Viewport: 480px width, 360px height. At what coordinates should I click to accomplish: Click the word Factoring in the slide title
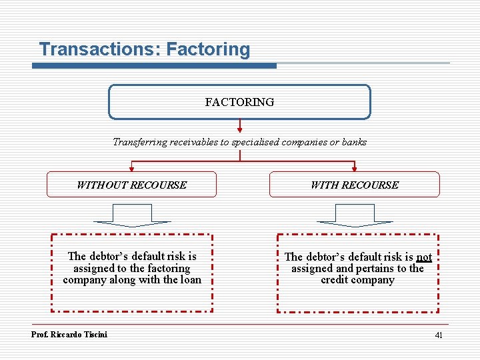pos(208,49)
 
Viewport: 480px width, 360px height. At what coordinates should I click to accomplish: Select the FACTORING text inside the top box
pos(239,102)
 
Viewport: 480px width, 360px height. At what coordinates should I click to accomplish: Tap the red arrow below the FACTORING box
pos(239,127)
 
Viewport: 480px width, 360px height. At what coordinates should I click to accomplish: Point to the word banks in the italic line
pos(353,142)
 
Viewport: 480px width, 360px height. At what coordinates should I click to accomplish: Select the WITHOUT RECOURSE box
pos(131,185)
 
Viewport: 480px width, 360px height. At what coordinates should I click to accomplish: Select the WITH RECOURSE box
pos(354,185)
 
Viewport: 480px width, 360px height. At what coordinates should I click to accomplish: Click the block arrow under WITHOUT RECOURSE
pos(133,216)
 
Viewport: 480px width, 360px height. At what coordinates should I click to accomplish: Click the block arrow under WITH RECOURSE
pos(355,216)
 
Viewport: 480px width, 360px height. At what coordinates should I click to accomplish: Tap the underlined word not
pos(424,257)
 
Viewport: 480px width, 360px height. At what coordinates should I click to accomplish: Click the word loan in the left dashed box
pos(191,280)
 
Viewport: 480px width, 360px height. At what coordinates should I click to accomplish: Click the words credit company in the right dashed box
pos(357,280)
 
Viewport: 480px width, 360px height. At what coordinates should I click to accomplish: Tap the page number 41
pos(439,335)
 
